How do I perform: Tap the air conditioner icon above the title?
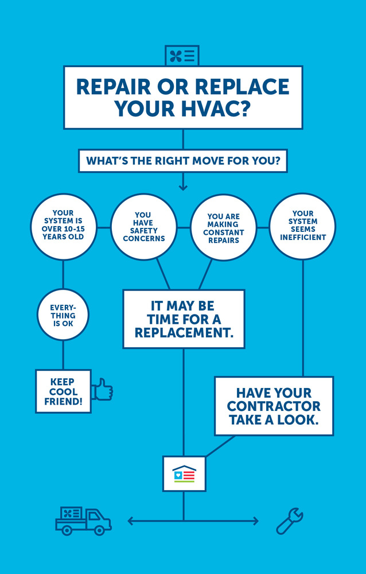pyautogui.click(x=182, y=56)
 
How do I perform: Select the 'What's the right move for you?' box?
pyautogui.click(x=183, y=161)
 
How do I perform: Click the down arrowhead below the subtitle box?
pyautogui.click(x=183, y=187)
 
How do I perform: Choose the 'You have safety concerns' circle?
pyautogui.click(x=143, y=226)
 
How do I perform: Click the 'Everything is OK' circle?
pyautogui.click(x=63, y=315)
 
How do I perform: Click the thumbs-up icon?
pyautogui.click(x=103, y=389)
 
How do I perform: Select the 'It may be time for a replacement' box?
pyautogui.click(x=184, y=319)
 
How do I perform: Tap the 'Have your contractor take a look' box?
pyautogui.click(x=274, y=406)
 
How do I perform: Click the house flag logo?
pyautogui.click(x=184, y=474)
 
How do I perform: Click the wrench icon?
pyautogui.click(x=289, y=521)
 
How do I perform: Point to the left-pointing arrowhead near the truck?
pyautogui.click(x=131, y=521)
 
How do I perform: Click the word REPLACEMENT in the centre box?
pyautogui.click(x=184, y=332)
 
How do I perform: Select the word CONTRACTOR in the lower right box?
pyautogui.click(x=274, y=406)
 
